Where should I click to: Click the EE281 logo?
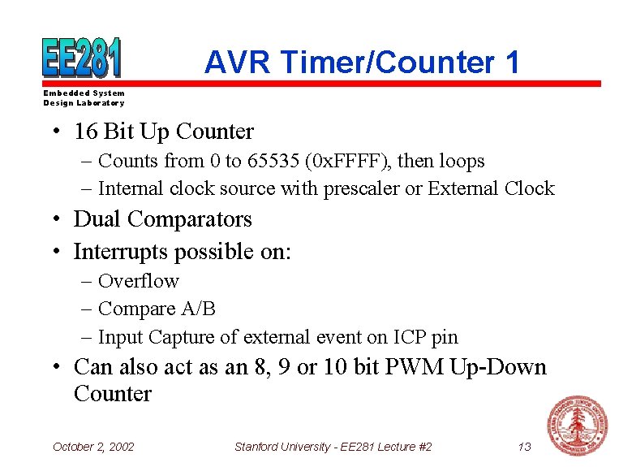[x=82, y=58]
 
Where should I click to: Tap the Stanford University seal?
[x=578, y=426]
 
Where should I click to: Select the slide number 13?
[x=524, y=447]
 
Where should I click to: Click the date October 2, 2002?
[x=93, y=447]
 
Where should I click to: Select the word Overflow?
[x=138, y=281]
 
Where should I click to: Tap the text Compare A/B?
[x=156, y=309]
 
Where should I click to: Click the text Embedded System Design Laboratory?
[x=84, y=98]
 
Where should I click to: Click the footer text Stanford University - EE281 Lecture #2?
[x=333, y=447]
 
